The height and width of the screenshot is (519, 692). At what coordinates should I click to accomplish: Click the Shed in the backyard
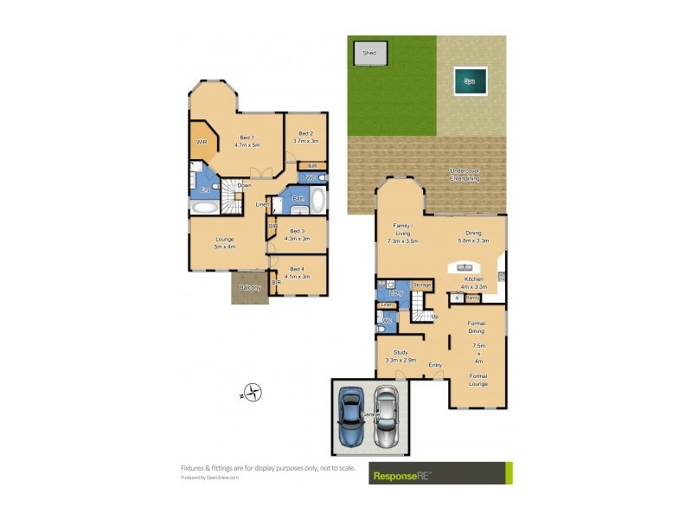point(368,53)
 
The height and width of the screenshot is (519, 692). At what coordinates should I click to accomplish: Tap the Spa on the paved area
point(471,81)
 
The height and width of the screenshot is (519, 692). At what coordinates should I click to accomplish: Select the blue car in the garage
point(351,417)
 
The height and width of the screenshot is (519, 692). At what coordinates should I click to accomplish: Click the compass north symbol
point(252,393)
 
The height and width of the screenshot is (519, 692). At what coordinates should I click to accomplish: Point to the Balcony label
point(250,287)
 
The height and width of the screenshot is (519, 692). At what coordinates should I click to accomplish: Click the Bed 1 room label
point(247,142)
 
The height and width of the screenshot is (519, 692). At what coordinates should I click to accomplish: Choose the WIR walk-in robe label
point(202,142)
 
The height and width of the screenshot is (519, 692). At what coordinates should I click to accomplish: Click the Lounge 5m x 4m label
point(225,243)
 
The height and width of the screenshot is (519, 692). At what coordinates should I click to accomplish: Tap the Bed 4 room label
point(298,272)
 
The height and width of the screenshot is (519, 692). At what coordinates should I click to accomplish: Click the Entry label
point(435,365)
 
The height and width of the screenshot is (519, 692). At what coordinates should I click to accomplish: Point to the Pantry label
point(472,298)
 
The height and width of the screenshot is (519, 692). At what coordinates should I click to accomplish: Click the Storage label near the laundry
point(422,285)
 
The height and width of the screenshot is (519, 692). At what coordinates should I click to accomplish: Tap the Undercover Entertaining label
point(464,175)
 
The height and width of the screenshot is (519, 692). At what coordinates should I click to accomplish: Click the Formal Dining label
point(477,328)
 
